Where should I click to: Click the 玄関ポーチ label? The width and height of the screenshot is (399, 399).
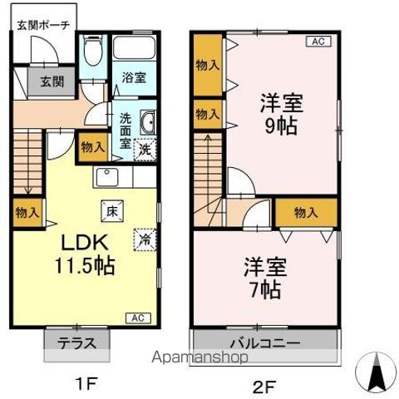coord(44,24)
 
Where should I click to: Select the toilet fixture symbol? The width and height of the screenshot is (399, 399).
coord(93,55)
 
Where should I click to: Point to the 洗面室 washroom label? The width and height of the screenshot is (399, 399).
coord(126,131)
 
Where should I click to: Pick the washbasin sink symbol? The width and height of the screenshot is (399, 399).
coord(148,123)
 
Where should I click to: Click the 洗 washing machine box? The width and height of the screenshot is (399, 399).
coord(145,150)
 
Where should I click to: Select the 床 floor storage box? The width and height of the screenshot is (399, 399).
coord(110,210)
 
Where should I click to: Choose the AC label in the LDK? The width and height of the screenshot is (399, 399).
coord(139,318)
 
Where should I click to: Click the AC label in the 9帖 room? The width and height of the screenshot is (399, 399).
coord(318,40)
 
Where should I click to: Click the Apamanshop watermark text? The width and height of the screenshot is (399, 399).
coord(199,358)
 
